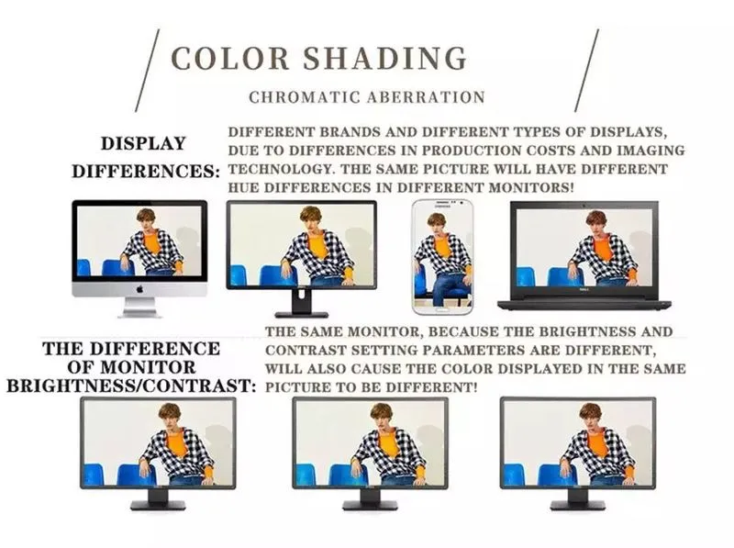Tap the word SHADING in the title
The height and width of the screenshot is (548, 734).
384,59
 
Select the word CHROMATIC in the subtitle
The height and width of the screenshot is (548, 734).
305,97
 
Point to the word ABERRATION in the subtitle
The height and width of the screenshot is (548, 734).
426,97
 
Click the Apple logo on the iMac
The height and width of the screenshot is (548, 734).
139,289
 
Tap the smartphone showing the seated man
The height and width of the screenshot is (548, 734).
442,257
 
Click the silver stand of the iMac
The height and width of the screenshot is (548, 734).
139,308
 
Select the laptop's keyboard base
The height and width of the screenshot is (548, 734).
584,305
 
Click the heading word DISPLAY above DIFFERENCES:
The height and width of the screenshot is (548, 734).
144,143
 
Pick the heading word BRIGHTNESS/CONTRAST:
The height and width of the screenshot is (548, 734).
131,386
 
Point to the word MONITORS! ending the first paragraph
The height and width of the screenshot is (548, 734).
531,188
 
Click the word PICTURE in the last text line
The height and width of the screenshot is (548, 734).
295,387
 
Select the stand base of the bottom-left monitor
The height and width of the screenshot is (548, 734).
158,505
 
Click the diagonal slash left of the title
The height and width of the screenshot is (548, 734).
148,71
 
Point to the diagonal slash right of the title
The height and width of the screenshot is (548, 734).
586,71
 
